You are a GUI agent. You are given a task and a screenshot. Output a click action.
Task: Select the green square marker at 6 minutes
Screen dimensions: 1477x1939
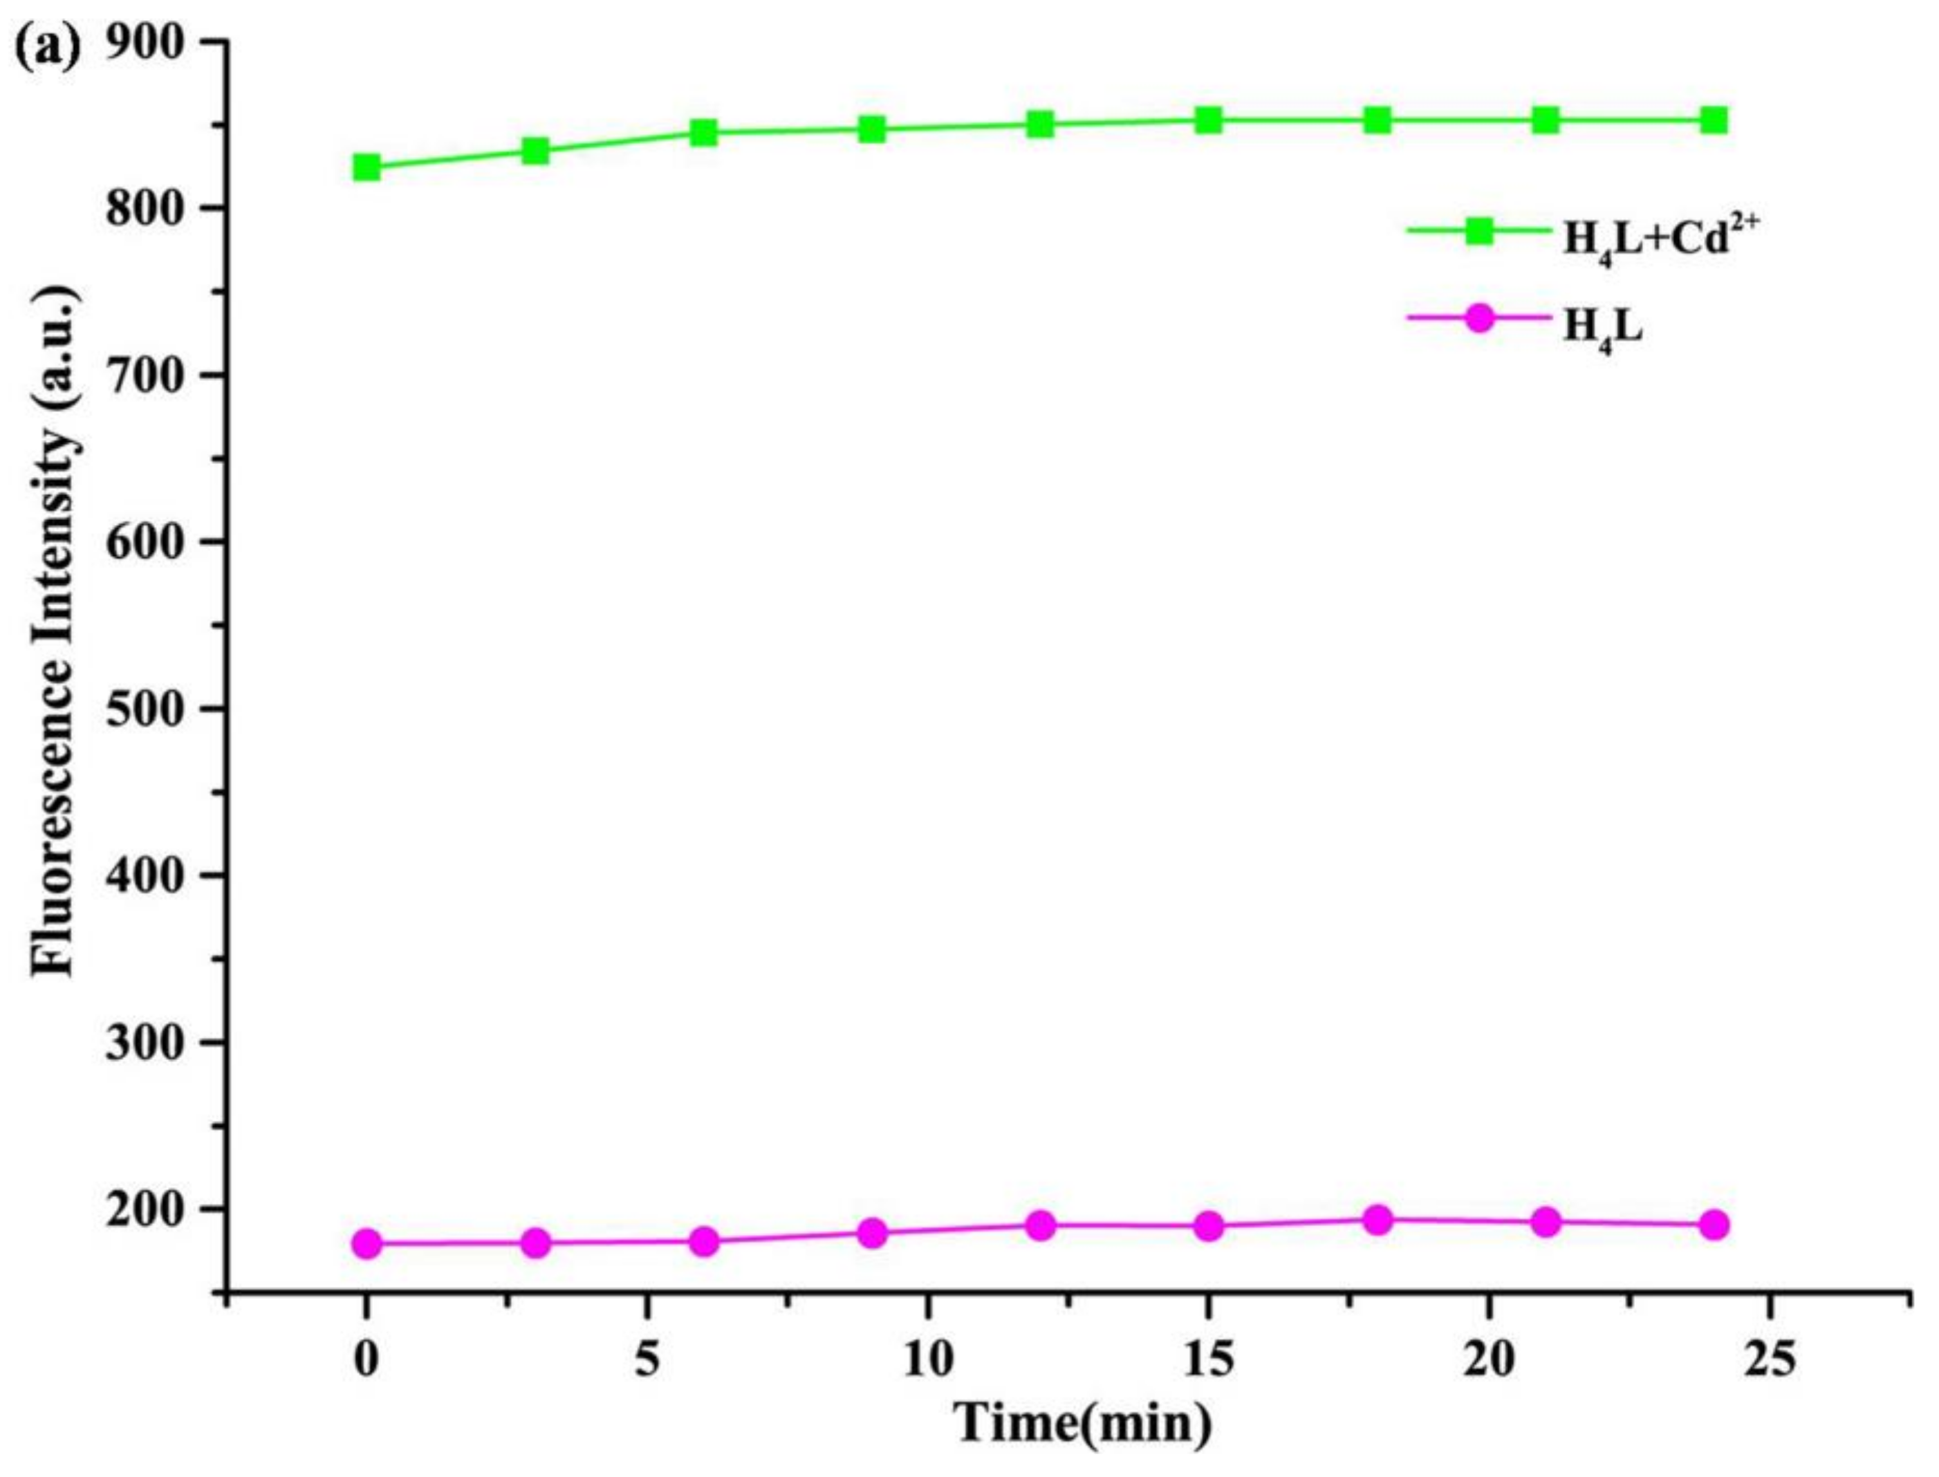click(x=703, y=133)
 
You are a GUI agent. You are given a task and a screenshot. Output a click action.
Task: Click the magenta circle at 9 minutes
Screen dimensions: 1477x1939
click(x=872, y=1233)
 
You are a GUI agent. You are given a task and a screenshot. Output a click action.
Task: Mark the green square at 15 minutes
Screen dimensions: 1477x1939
click(x=1209, y=120)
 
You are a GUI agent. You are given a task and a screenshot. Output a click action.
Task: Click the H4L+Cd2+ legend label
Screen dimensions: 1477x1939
click(x=1645, y=242)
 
